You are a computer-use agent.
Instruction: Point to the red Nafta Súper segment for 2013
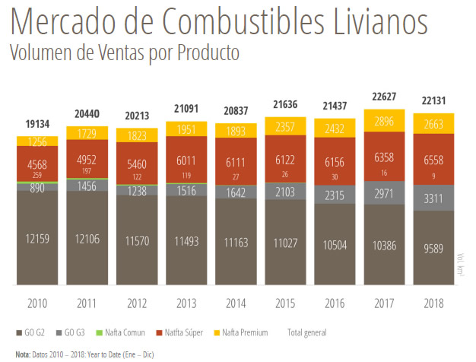tap(186, 162)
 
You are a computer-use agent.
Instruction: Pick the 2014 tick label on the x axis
tap(236, 303)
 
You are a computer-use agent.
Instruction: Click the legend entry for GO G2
tap(31, 333)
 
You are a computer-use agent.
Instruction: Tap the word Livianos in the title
tap(372, 24)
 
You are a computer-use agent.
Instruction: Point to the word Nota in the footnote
tap(23, 354)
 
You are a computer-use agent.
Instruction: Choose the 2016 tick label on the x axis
tap(335, 303)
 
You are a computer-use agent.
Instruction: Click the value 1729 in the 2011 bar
tap(87, 134)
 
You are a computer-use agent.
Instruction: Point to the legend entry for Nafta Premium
tap(244, 333)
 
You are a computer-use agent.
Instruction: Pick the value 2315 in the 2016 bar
tap(335, 195)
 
